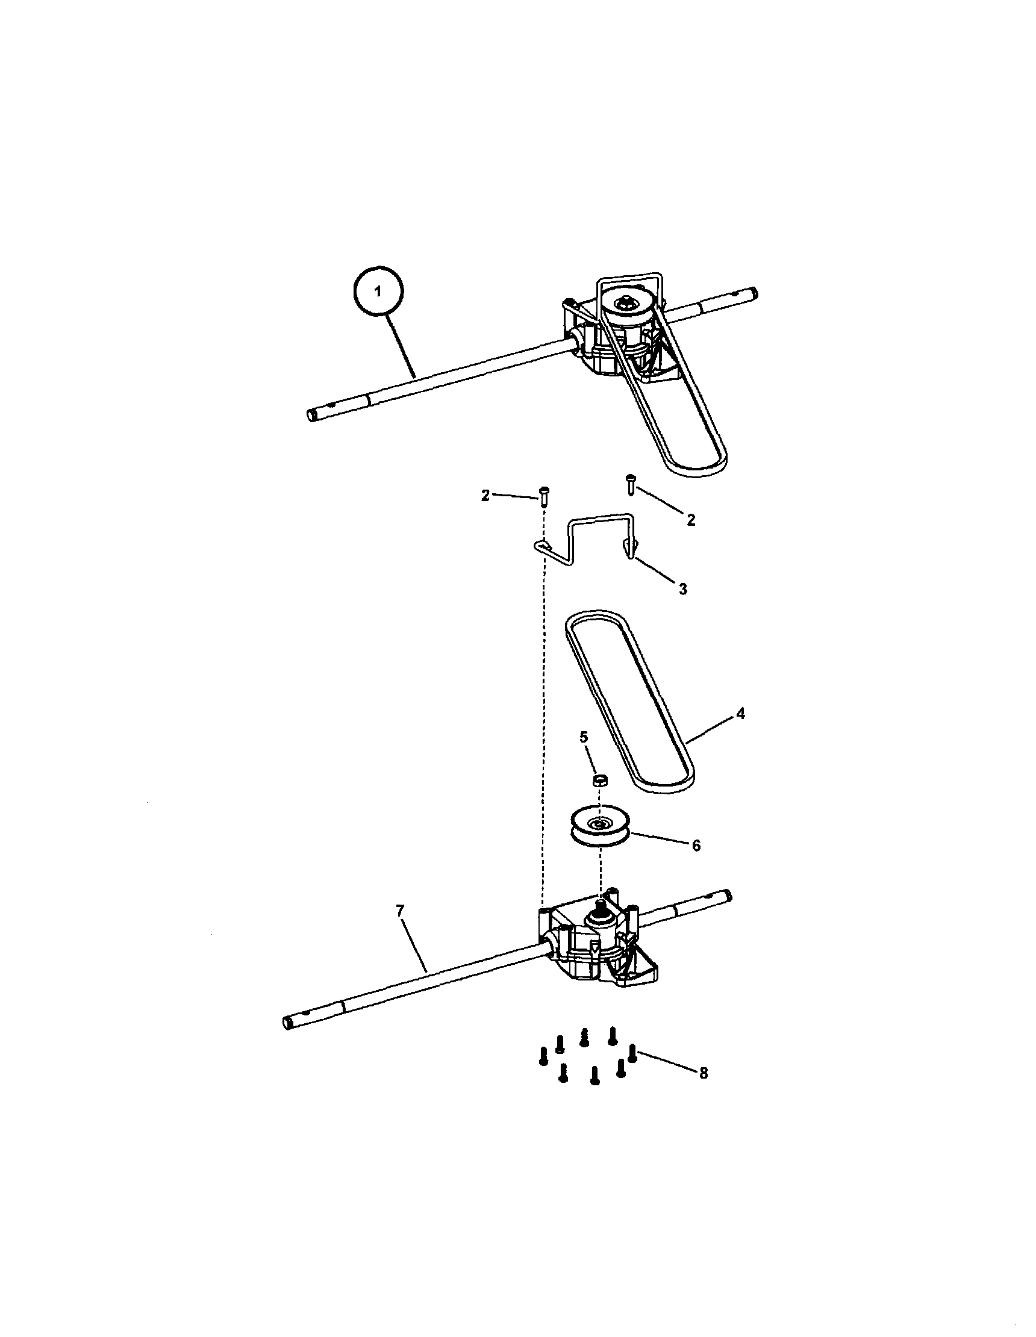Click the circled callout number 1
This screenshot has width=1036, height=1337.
coord(378,292)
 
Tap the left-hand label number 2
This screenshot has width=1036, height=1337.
coord(485,496)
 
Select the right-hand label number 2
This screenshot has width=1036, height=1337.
coord(691,520)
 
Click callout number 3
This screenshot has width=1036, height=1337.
coord(682,589)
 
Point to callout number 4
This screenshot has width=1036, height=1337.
coord(740,713)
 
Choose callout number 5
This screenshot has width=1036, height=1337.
coord(584,737)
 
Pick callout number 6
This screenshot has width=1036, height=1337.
coord(696,846)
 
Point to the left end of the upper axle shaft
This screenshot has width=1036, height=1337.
coord(311,415)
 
